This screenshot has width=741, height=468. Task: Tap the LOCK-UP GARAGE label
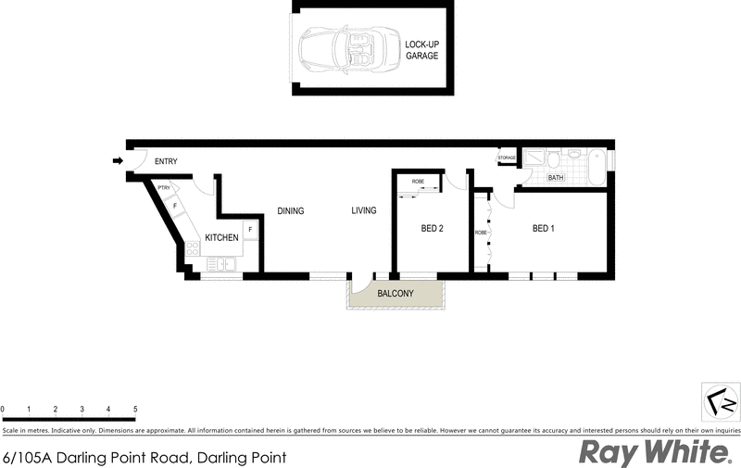[421, 50]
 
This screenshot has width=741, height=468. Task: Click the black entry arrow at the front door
[118, 161]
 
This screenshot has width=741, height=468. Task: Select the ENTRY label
[166, 162]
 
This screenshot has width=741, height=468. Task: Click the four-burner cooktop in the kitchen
[193, 247]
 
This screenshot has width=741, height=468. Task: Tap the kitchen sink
[220, 265]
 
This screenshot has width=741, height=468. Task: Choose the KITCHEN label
[221, 238]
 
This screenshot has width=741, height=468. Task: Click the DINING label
[291, 211]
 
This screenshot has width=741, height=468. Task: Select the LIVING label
[364, 211]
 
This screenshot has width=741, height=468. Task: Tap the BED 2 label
[433, 228]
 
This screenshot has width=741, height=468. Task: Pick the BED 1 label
[544, 228]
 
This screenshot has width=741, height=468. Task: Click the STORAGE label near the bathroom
[507, 158]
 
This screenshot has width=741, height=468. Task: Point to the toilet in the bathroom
[555, 159]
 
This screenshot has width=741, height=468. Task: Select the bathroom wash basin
[574, 155]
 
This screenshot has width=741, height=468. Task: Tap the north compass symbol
[720, 401]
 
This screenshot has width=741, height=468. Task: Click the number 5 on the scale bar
[135, 409]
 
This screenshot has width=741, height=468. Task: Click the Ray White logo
[654, 452]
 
